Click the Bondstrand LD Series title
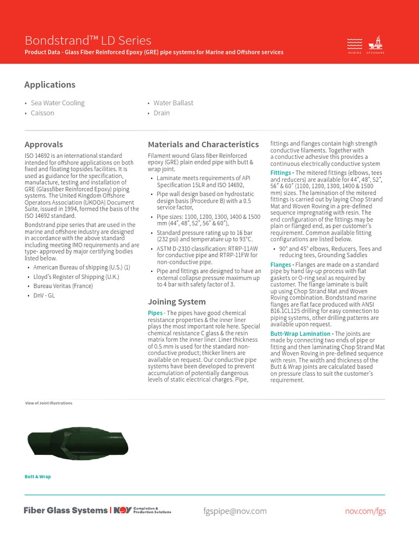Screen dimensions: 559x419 coord(88,40)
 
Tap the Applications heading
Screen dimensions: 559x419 coord(50,85)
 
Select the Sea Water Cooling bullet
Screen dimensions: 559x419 coord(57,103)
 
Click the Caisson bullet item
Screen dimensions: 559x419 coord(43,113)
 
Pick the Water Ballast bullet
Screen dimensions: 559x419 coord(173,103)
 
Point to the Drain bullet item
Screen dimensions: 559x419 coord(161,113)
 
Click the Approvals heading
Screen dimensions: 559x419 coord(44,145)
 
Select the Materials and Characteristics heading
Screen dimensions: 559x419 coord(203,145)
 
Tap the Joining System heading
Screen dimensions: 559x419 coord(177,302)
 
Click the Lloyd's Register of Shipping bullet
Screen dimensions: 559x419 coord(76,277)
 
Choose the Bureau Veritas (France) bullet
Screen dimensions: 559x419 coord(63,286)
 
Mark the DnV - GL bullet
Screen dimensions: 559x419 coord(44,295)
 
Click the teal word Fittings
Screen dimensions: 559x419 coord(280,173)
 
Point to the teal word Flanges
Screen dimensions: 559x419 coord(280,265)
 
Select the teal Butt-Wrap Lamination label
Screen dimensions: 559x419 coord(300,334)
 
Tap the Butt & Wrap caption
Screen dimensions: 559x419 coord(38,477)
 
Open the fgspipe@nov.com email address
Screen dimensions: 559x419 coord(235,511)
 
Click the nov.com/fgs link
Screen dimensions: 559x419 coord(365,511)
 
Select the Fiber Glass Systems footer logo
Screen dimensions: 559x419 coord(65,510)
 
